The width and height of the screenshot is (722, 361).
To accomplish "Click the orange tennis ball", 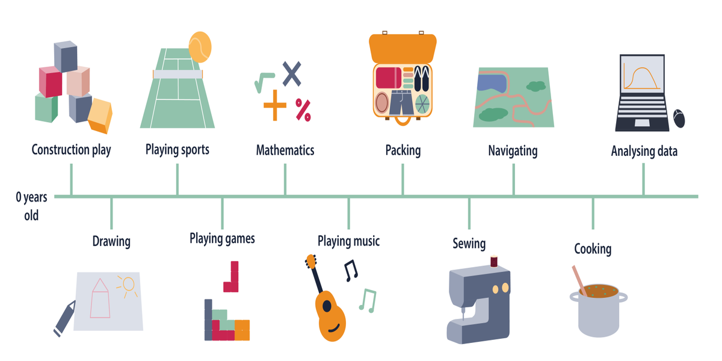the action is (200, 47).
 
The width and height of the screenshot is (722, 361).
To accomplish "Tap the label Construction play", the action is (71, 150).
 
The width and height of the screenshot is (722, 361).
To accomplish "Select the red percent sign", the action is (303, 110).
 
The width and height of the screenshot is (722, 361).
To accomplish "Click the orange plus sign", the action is (275, 105).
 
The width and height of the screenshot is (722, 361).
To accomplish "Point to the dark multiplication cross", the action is (292, 73).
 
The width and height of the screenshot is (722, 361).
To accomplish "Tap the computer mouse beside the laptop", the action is (679, 119).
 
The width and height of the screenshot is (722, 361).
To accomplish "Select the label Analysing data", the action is (644, 151).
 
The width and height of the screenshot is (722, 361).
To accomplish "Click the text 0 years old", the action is (31, 206).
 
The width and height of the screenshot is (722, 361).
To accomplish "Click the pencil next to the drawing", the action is (64, 317).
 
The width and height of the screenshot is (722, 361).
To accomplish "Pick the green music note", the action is (368, 300).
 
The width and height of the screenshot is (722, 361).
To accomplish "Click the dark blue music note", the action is (350, 271).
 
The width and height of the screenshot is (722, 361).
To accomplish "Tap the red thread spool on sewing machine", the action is (494, 261).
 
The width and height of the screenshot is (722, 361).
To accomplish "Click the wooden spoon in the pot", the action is (579, 280).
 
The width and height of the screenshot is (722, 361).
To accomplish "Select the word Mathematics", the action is (285, 150).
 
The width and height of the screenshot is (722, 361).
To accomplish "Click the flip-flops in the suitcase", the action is (422, 79).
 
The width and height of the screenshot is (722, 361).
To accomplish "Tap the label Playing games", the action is (222, 239).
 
